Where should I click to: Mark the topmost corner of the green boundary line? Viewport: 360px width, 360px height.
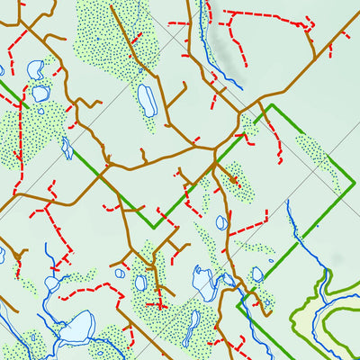269,105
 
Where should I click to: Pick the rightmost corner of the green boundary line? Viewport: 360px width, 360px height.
350,185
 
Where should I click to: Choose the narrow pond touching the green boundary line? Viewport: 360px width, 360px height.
67,147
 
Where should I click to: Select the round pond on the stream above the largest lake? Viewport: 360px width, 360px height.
51,284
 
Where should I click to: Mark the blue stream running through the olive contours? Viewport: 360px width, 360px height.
292,229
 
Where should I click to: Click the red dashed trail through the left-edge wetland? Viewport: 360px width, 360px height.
18,135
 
